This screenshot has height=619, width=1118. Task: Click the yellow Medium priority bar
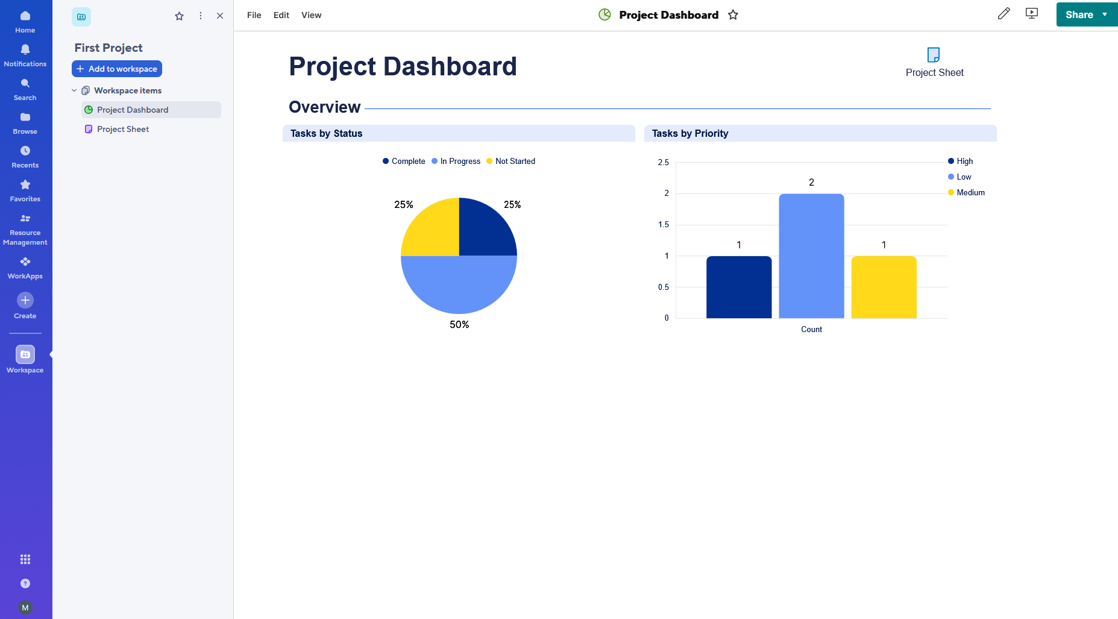(884, 288)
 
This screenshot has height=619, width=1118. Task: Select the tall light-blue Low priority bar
(811, 256)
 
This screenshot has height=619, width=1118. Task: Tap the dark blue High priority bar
(739, 288)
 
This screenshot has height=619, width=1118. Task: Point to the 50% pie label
(459, 325)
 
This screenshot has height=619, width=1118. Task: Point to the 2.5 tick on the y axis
(663, 163)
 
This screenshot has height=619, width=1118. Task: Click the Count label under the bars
(811, 329)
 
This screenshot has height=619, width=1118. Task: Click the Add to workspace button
(117, 69)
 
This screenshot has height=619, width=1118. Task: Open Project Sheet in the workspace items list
(123, 129)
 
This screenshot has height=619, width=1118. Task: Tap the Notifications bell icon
(25, 49)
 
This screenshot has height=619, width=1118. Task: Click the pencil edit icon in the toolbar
(1003, 14)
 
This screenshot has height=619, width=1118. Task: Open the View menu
(311, 15)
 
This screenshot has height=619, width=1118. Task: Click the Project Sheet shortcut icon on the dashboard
(933, 55)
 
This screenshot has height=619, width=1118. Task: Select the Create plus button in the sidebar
(25, 300)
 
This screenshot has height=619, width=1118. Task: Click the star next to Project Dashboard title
(733, 15)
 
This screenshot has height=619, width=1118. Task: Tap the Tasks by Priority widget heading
(690, 133)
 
